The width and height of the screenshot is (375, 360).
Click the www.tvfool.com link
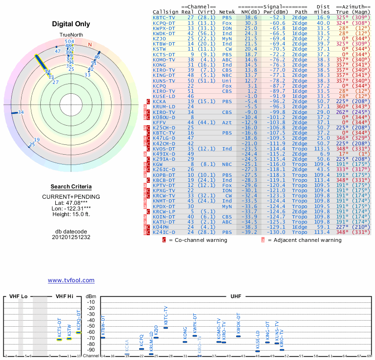pos(71,280)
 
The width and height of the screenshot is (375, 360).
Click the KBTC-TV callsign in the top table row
pos(164,17)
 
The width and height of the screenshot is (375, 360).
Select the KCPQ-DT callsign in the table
pos(164,22)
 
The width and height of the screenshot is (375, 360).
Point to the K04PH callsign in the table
pos(160,227)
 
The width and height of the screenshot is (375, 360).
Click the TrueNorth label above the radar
pos(70,35)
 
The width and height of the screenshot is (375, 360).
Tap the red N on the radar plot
pos(90,45)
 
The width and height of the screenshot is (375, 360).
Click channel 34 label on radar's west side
pos(21,112)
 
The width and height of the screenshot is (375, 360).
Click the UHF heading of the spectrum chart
pos(236,297)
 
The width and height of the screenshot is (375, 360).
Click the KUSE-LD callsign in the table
pos(164,96)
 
